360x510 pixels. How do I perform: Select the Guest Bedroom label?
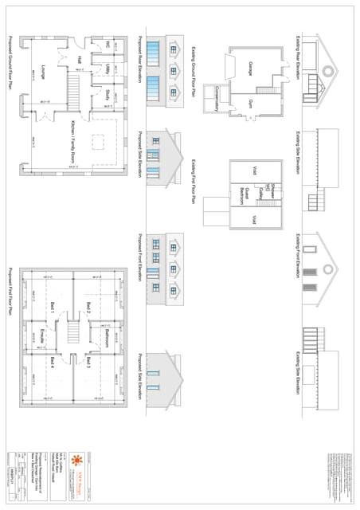pyautogui.click(x=245, y=194)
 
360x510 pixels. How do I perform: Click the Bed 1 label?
pyautogui.click(x=53, y=307)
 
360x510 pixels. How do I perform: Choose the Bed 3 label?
pyautogui.click(x=88, y=363)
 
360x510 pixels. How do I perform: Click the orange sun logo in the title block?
pyautogui.click(x=78, y=461)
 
